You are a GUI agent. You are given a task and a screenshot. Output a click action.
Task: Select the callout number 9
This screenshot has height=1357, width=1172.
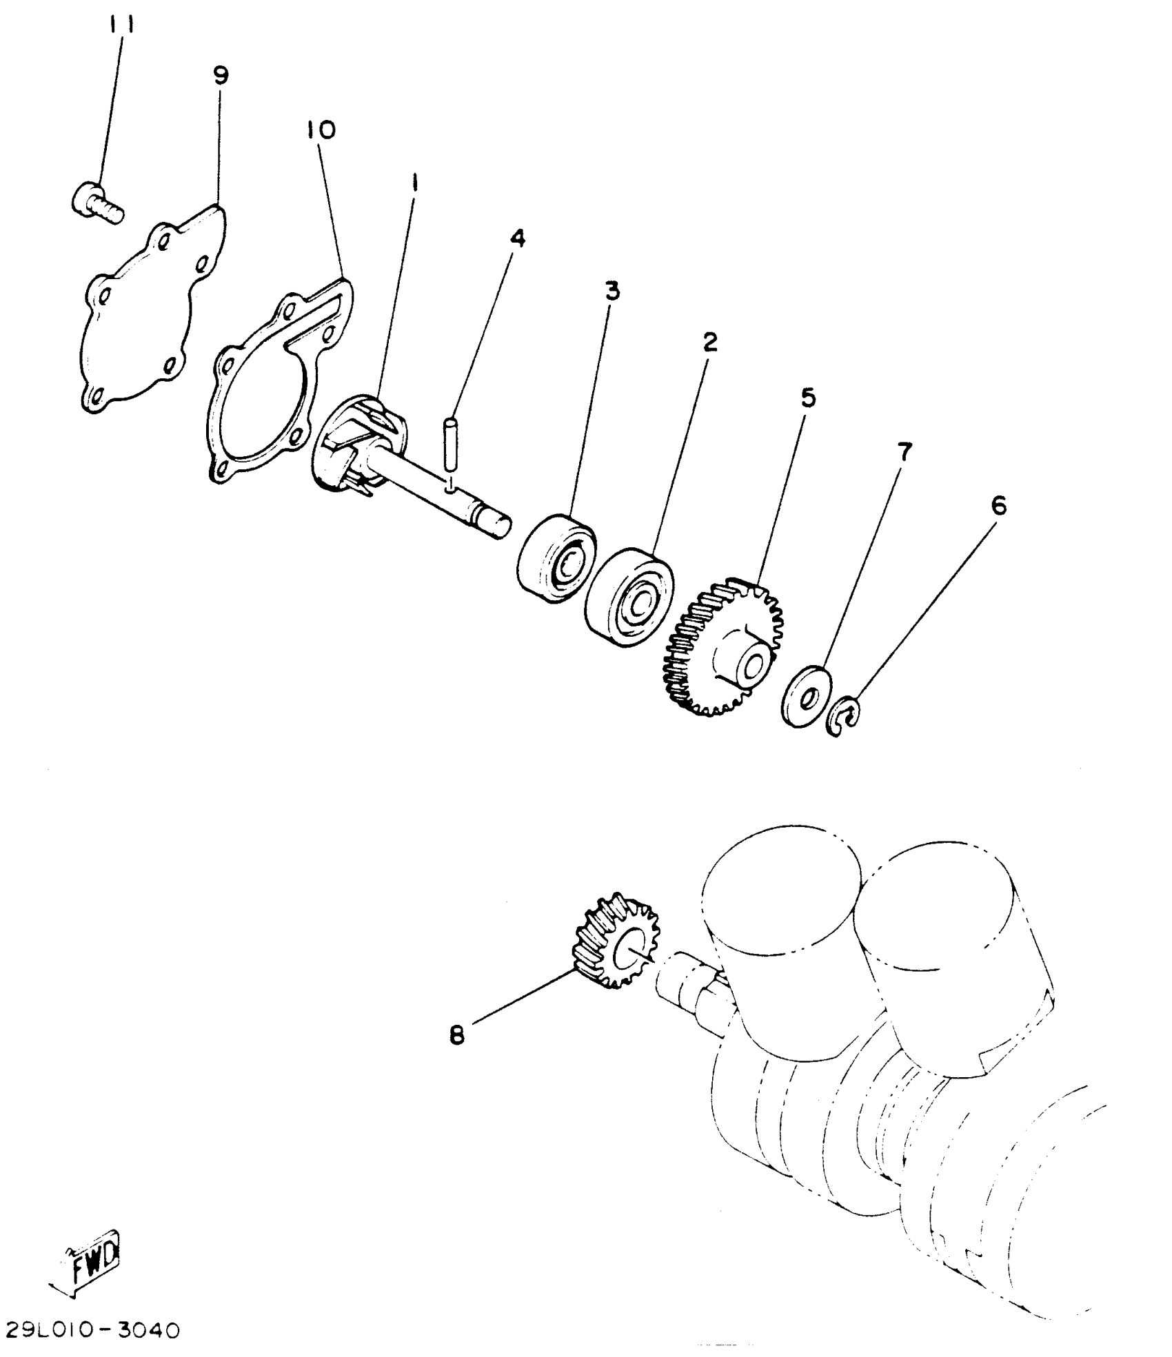click(221, 75)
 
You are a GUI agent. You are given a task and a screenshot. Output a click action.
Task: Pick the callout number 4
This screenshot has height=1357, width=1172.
click(517, 238)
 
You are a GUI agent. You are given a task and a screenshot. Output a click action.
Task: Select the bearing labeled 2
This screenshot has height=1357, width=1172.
click(629, 597)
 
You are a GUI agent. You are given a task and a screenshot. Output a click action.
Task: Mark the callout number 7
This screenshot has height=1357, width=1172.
click(904, 451)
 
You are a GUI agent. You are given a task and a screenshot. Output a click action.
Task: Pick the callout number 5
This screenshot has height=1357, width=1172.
click(807, 398)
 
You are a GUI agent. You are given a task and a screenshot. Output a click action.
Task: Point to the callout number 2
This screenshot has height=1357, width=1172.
click(710, 343)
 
